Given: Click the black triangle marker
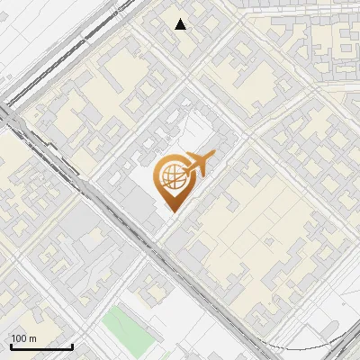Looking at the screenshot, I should [181, 24].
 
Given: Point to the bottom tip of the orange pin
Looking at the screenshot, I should [171, 211].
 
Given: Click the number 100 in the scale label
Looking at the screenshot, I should [18, 338].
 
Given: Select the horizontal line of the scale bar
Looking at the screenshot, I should [41, 348].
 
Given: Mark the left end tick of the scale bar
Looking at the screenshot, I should [11, 346].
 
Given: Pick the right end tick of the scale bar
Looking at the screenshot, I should [72, 346].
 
